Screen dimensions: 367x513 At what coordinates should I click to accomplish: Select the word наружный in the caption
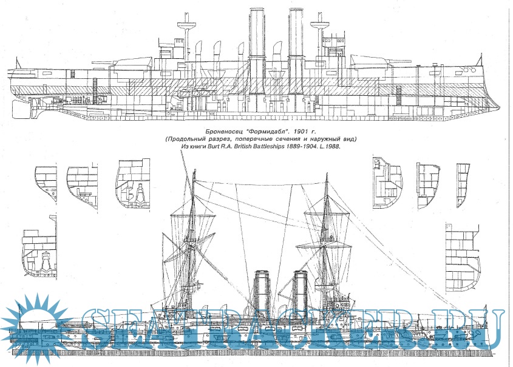point(327,139)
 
